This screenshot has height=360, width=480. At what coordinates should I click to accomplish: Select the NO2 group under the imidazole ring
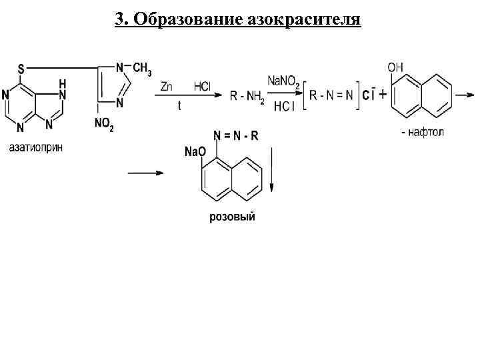pyautogui.click(x=104, y=125)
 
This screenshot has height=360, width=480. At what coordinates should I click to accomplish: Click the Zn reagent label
pyautogui.click(x=167, y=86)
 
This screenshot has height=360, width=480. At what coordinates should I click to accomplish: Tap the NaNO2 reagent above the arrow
pyautogui.click(x=283, y=81)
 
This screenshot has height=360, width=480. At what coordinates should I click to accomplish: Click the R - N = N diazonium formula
pyautogui.click(x=332, y=95)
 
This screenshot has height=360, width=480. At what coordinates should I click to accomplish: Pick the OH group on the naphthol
pyautogui.click(x=395, y=67)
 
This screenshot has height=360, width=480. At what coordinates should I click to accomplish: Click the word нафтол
pyautogui.click(x=426, y=133)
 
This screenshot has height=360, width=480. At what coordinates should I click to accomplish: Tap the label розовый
pyautogui.click(x=232, y=217)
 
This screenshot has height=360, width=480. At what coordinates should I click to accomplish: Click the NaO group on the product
pyautogui.click(x=194, y=151)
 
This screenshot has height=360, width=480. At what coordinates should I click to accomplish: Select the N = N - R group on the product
pyautogui.click(x=235, y=136)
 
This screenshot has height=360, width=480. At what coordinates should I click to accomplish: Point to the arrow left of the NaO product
pyautogui.click(x=145, y=173)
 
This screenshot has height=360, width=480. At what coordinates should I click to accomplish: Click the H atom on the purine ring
pyautogui.click(x=62, y=83)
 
